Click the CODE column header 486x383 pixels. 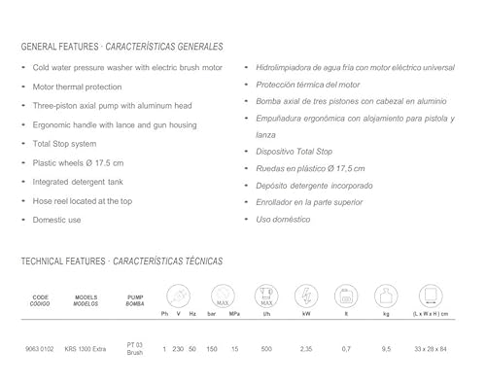[41, 299]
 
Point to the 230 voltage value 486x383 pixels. [178, 347]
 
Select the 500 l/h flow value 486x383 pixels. [265, 347]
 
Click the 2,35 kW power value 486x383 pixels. [306, 347]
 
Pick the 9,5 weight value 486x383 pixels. [386, 347]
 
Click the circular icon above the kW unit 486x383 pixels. [306, 296]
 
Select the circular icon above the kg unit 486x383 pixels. [386, 296]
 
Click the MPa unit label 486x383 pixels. [233, 314]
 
